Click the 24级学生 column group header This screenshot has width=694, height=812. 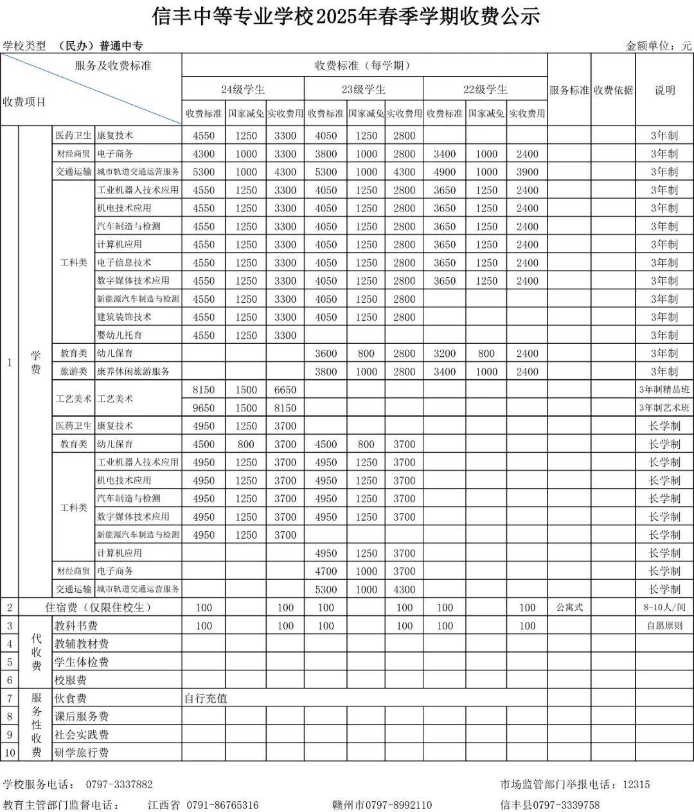(x=242, y=89)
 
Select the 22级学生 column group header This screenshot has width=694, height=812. (x=485, y=89)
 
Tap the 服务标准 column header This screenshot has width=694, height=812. (x=569, y=90)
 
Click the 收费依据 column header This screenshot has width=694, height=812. (x=613, y=90)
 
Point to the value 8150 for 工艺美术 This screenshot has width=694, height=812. (x=204, y=390)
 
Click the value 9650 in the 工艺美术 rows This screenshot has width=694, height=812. (x=204, y=408)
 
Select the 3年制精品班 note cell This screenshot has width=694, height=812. (x=664, y=390)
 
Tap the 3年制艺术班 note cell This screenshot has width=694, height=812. (x=664, y=408)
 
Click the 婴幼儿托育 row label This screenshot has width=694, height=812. (x=120, y=335)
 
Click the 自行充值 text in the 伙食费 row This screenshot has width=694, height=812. (x=206, y=698)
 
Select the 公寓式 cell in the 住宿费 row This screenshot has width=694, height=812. (x=569, y=608)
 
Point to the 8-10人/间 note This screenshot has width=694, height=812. (x=664, y=608)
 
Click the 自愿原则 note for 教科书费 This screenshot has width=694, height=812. (x=664, y=626)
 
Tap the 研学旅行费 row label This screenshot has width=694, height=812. (x=82, y=753)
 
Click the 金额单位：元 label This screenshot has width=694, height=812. (x=659, y=46)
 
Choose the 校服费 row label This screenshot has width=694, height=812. (x=71, y=680)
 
